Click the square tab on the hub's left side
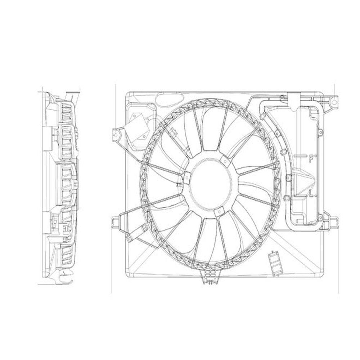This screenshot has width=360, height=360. point(186,177)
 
